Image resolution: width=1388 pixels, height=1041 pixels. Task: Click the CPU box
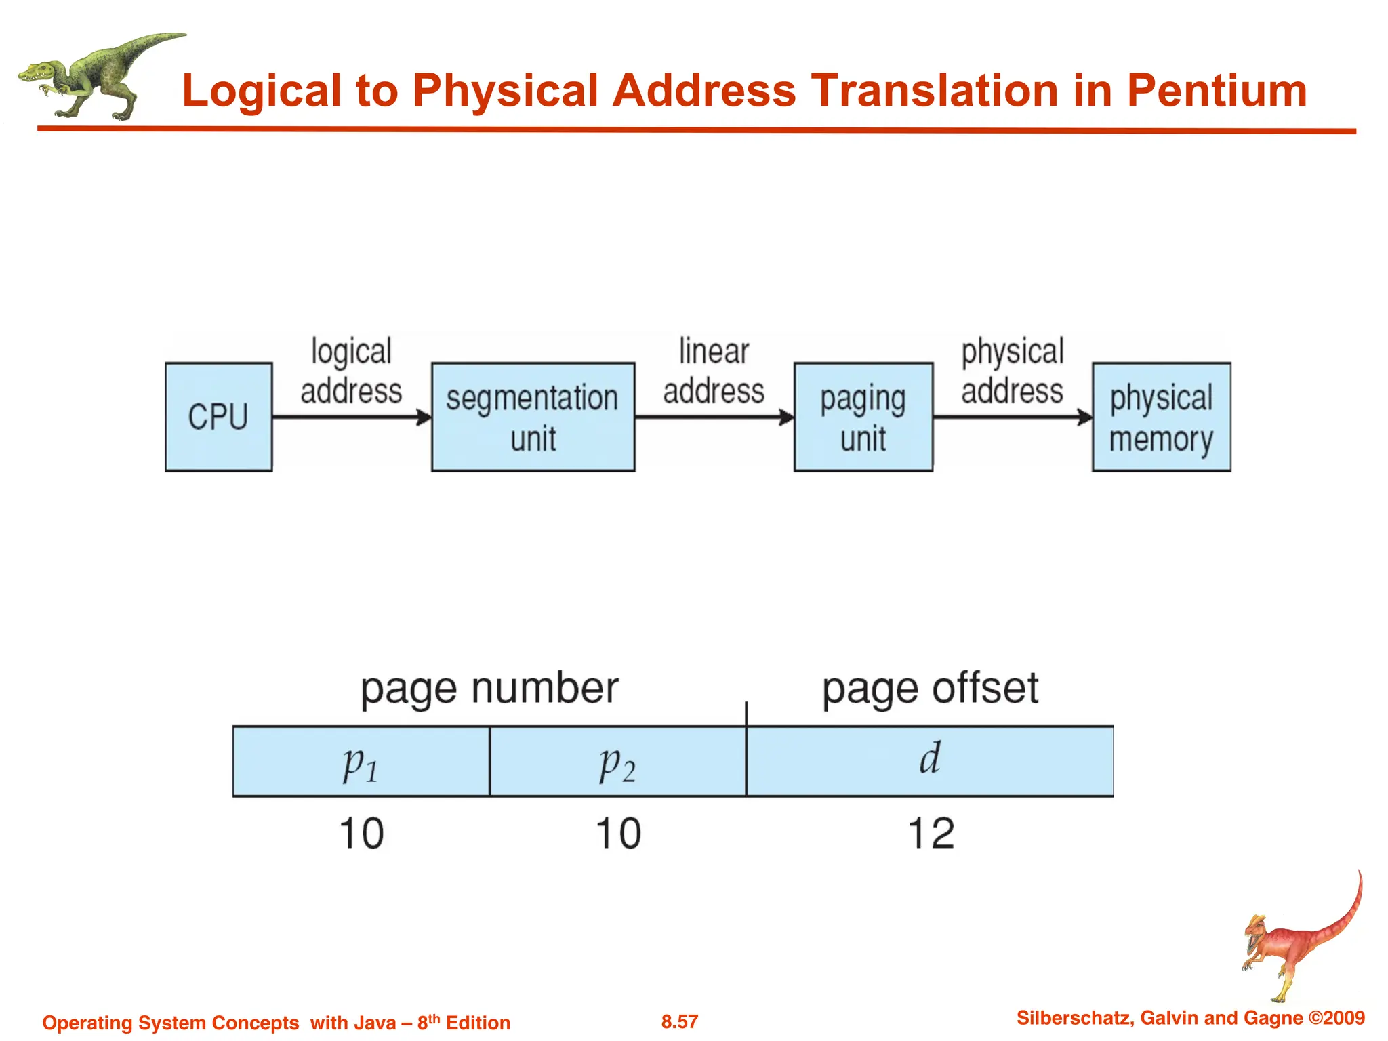218,417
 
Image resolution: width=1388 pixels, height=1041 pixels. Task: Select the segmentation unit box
533,417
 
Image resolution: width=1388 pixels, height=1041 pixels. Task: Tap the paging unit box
863,417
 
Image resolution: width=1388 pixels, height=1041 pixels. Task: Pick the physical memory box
1161,417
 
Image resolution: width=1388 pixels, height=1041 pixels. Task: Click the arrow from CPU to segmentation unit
351,417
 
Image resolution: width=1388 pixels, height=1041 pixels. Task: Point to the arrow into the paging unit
714,417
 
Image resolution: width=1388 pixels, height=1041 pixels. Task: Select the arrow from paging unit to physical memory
1012,417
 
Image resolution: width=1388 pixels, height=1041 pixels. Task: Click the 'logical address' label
351,371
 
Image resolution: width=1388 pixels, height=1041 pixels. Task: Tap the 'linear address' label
714,371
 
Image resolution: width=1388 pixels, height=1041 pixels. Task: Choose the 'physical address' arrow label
1013,371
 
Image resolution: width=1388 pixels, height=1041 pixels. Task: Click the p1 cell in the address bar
361,762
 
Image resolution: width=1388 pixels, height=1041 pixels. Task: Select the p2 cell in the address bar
617,762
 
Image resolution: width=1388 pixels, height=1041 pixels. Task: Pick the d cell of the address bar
930,760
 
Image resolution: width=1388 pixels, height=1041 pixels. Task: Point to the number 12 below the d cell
931,834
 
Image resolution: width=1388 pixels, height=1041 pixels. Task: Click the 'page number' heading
489,689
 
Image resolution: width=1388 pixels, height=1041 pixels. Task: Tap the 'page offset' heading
930,689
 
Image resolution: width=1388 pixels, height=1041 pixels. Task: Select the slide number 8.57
679,1021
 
